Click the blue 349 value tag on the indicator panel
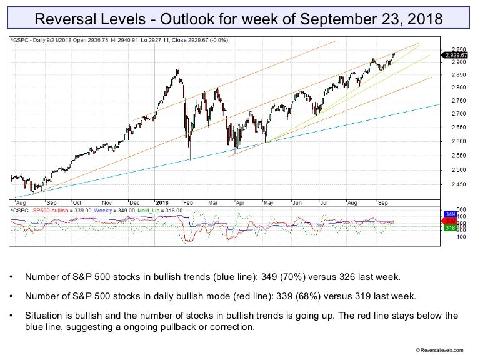pos(449,214)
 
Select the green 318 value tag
pos(449,229)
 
